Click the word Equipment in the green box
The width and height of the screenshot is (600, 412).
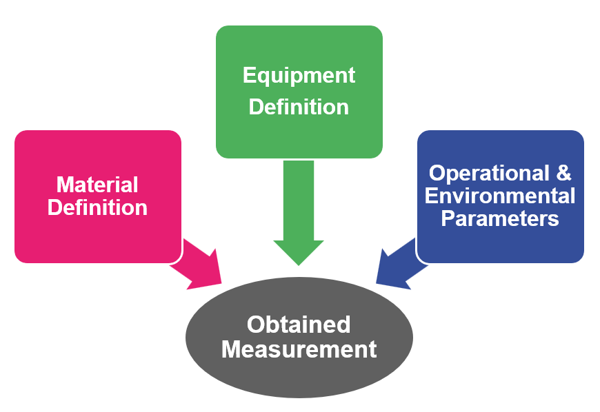pyautogui.click(x=299, y=76)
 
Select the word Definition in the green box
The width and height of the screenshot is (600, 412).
pyautogui.click(x=299, y=107)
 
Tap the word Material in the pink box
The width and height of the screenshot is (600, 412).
pyautogui.click(x=97, y=185)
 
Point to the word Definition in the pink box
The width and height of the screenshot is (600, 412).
pyautogui.click(x=97, y=208)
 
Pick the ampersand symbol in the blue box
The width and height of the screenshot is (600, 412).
pyautogui.click(x=563, y=173)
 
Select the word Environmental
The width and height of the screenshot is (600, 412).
pyautogui.click(x=500, y=196)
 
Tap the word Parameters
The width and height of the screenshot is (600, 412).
pyautogui.click(x=500, y=218)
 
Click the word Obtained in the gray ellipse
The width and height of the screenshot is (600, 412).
pyautogui.click(x=299, y=325)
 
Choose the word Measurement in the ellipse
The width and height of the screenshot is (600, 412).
pyautogui.click(x=299, y=349)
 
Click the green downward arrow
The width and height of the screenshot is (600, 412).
pyautogui.click(x=299, y=213)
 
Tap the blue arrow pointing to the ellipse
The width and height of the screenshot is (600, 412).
pyautogui.click(x=401, y=265)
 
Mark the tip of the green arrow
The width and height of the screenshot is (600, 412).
pyautogui.click(x=299, y=265)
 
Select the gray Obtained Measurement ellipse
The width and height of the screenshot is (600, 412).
pyautogui.click(x=299, y=338)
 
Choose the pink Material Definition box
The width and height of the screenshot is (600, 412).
pyautogui.click(x=98, y=196)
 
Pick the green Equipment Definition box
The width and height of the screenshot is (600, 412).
pyautogui.click(x=299, y=92)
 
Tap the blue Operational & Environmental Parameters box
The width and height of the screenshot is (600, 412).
pyautogui.click(x=501, y=196)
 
